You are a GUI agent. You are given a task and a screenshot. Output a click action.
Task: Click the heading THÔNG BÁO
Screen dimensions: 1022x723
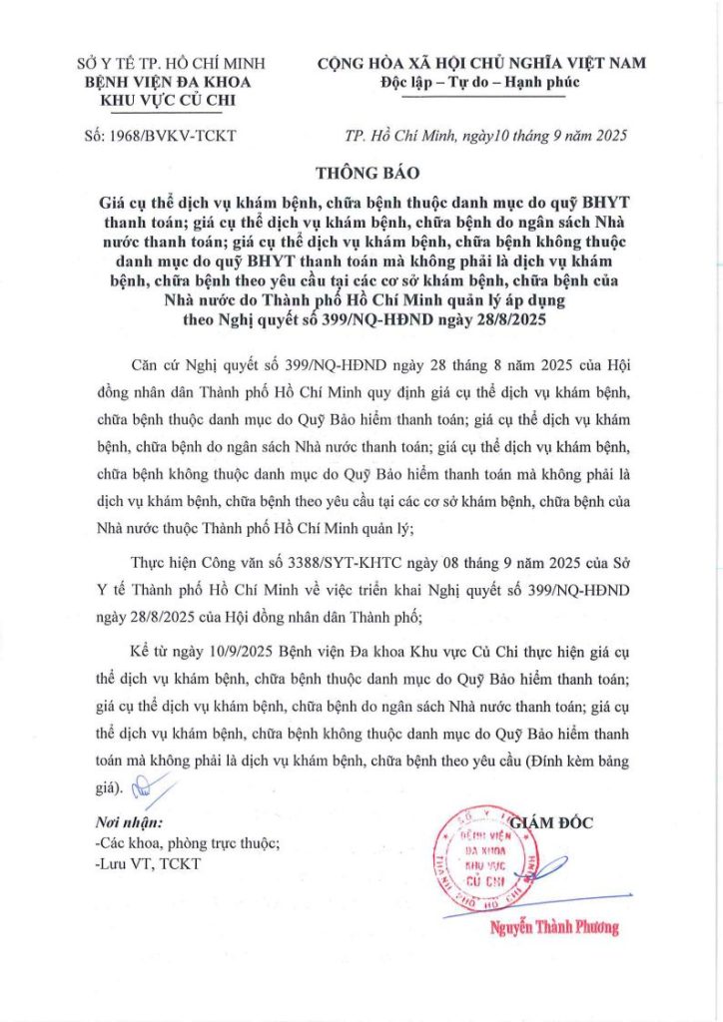(361, 172)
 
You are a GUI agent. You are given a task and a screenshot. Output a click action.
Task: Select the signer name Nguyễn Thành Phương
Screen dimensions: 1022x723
(554, 927)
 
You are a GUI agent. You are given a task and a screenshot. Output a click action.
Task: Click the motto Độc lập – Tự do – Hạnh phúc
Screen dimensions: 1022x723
(480, 82)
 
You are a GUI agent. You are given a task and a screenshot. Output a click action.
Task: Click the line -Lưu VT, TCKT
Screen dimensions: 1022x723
(143, 862)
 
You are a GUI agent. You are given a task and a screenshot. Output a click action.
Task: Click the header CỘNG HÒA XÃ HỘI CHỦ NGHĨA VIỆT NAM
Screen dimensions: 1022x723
(480, 63)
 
